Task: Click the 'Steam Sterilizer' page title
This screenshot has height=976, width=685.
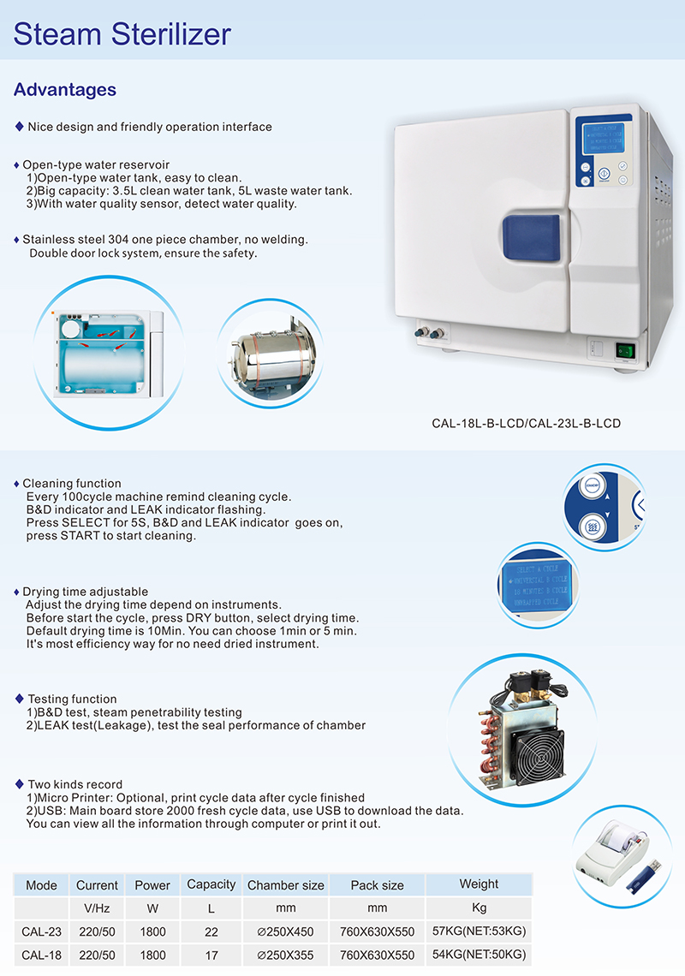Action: [122, 34]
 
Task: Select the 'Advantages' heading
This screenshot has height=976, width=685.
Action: [65, 90]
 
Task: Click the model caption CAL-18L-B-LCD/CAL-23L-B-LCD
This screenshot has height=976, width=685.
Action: [526, 423]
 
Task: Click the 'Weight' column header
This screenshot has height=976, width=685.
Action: [479, 884]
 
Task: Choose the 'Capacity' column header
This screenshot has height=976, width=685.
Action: [211, 884]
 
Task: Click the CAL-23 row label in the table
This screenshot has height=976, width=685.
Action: [41, 931]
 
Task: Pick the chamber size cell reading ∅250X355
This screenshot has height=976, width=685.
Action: [285, 955]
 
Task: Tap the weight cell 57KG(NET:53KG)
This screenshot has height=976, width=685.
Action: [479, 931]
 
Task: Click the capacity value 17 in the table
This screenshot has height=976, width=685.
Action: [211, 955]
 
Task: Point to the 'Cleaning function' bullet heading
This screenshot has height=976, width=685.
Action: [72, 484]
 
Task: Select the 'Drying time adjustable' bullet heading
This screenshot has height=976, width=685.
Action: [85, 592]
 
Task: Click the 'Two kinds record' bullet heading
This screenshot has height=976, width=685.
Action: [74, 784]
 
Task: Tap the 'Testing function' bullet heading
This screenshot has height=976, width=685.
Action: [72, 699]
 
